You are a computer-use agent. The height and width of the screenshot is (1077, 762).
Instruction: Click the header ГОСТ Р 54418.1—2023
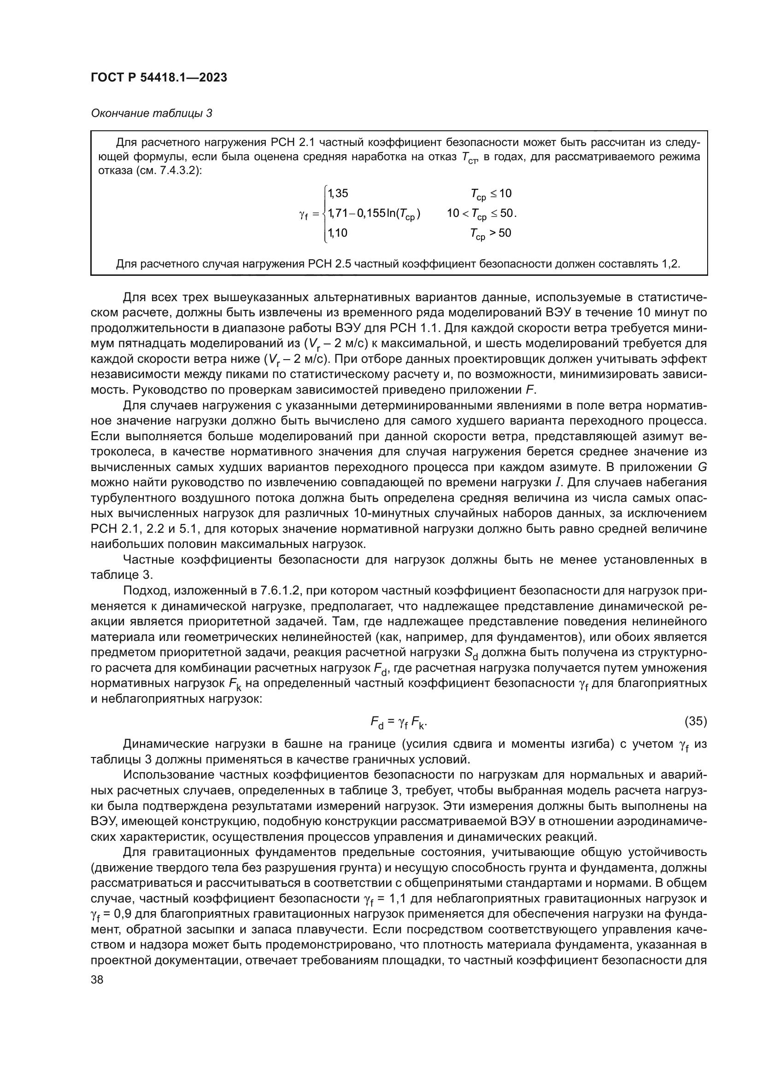tap(158, 77)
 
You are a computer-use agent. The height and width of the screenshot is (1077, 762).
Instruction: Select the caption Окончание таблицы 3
tap(151, 114)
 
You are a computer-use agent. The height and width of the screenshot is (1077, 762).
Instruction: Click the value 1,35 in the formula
tap(338, 193)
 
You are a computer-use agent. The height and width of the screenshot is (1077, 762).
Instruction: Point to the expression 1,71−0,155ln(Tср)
tap(374, 214)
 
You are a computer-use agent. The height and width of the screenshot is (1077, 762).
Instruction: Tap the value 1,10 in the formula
tap(337, 233)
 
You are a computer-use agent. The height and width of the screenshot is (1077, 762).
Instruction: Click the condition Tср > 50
tap(491, 233)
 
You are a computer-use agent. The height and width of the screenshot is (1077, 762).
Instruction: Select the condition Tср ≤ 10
tap(491, 194)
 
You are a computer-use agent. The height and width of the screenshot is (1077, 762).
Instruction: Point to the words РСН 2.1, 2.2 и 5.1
tap(145, 529)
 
